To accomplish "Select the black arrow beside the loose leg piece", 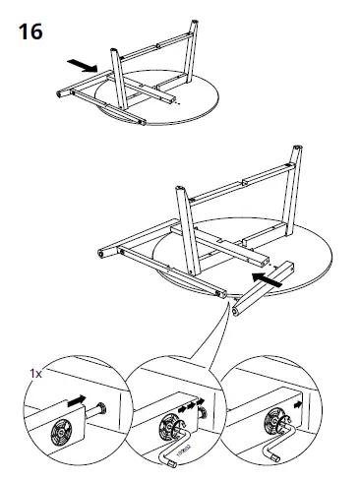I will click(x=265, y=281).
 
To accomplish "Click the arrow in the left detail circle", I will click(x=75, y=404).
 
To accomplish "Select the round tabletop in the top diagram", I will click(x=197, y=103).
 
